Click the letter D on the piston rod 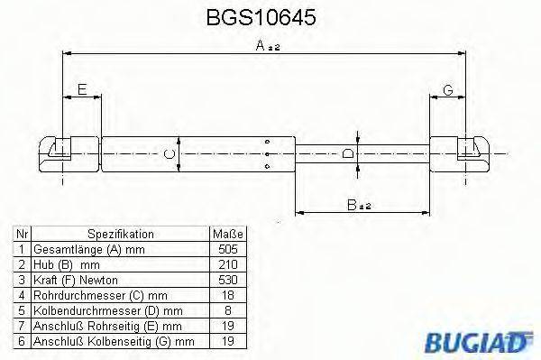click(349, 154)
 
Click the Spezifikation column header click(121, 233)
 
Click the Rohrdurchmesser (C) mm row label click(99, 294)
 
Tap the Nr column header click(21, 233)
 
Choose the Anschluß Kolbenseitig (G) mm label click(113, 341)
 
